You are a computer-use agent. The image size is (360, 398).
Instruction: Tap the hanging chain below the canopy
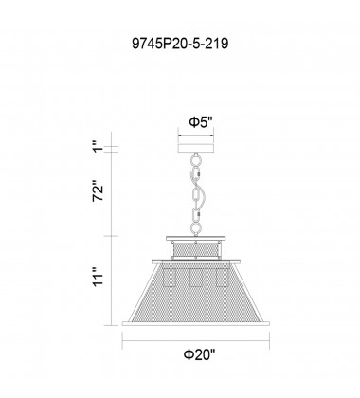click(195, 194)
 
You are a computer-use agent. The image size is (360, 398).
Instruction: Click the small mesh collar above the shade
click(196, 249)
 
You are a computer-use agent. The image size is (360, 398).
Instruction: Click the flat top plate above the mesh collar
click(196, 237)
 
